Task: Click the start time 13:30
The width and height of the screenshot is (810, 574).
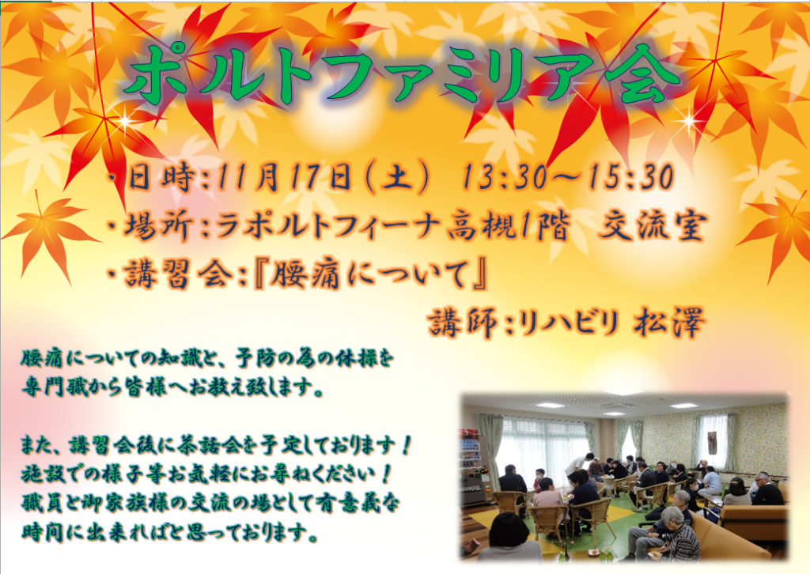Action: [503, 178]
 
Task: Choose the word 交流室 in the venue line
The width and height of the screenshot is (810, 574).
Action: [653, 227]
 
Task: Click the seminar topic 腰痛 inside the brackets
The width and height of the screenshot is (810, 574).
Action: [305, 275]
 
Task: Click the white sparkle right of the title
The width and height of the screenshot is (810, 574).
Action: [689, 122]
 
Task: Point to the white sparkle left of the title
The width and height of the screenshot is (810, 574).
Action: [124, 121]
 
